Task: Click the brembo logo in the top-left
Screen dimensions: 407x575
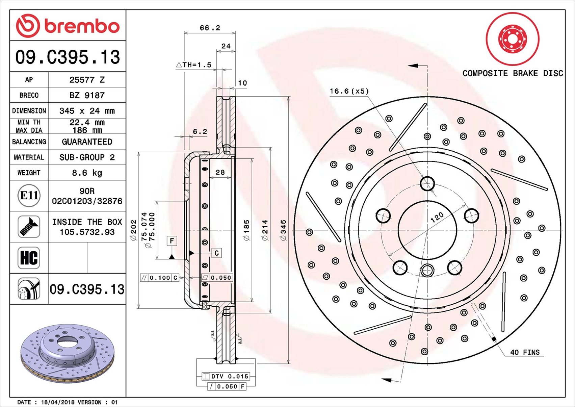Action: [68, 26]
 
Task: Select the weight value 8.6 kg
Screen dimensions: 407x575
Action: [87, 173]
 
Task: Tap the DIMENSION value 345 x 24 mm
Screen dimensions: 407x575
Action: [87, 111]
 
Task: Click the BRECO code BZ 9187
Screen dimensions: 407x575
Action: [87, 95]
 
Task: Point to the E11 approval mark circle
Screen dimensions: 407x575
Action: [29, 196]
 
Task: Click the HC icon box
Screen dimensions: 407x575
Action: [29, 258]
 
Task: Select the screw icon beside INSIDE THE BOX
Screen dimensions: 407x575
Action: [29, 227]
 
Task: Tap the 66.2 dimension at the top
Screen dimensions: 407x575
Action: [210, 28]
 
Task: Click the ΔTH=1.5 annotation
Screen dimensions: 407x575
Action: [194, 65]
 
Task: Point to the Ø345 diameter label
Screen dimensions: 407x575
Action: [284, 230]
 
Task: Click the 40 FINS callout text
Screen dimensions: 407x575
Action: [525, 352]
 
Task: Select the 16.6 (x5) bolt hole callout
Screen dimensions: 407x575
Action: [349, 91]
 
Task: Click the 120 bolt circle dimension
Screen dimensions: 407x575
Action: [437, 217]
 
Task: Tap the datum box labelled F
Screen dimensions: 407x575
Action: [172, 241]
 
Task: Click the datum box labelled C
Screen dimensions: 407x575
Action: [216, 253]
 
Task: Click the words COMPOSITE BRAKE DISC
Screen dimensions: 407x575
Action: [513, 73]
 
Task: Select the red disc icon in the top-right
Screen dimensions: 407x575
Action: [512, 39]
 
